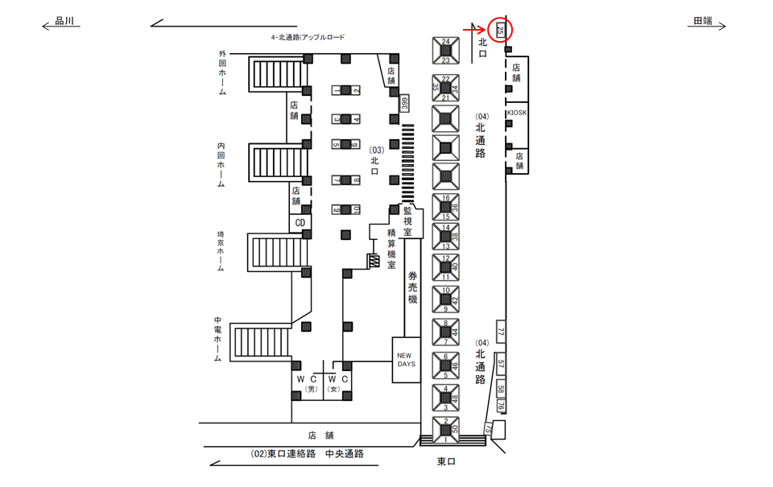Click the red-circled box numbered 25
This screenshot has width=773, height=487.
(x=501, y=31)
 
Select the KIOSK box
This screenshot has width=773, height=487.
(x=517, y=113)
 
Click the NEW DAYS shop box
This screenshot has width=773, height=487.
(x=405, y=359)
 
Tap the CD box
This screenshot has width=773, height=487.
(x=299, y=222)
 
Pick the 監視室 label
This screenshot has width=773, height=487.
(x=408, y=220)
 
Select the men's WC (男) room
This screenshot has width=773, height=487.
(x=307, y=383)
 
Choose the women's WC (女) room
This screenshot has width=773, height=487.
(x=337, y=383)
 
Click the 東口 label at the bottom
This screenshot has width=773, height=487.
(x=448, y=461)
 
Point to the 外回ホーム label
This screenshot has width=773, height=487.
(x=222, y=73)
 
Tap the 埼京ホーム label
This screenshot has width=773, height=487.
(x=221, y=252)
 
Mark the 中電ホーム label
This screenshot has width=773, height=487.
(x=218, y=338)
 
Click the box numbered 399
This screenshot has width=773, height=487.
(x=405, y=102)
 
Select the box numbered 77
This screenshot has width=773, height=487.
(x=500, y=332)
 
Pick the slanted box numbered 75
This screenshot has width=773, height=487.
(x=487, y=430)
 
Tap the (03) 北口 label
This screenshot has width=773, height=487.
(x=374, y=155)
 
